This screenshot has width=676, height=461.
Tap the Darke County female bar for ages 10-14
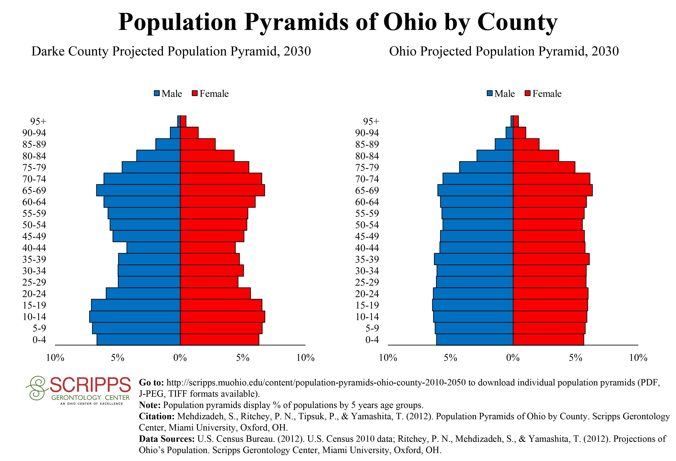click(x=222, y=316)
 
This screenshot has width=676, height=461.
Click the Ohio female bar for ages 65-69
click(x=553, y=190)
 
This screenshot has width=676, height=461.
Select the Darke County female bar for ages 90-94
click(x=189, y=133)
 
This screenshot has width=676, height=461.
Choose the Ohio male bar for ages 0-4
click(x=475, y=340)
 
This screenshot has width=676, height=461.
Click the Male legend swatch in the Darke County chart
click(x=157, y=94)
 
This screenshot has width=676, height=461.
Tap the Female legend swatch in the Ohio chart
click(x=528, y=94)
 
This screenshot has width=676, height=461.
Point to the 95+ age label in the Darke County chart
click(x=38, y=121)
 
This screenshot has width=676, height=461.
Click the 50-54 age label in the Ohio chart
click(x=367, y=225)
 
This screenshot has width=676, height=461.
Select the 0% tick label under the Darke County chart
click(x=180, y=358)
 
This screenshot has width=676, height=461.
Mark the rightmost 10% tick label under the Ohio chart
click(x=638, y=358)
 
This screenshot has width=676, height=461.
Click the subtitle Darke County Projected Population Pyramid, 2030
click(x=171, y=51)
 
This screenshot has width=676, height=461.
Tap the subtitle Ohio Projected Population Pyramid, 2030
click(x=504, y=51)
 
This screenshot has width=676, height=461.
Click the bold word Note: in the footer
click(x=150, y=405)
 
